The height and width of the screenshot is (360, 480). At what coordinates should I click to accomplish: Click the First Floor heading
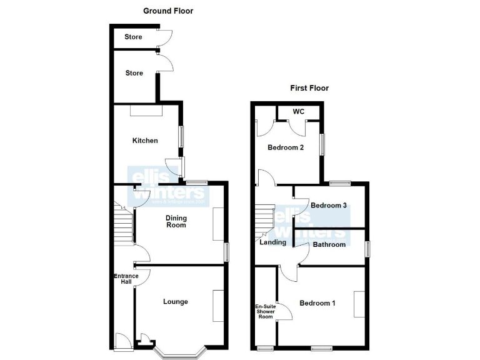coord(309,88)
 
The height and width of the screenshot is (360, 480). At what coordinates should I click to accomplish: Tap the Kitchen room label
coord(145,141)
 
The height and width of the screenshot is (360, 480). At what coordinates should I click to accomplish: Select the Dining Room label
coord(176,221)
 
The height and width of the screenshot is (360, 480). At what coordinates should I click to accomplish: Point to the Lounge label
coord(176,302)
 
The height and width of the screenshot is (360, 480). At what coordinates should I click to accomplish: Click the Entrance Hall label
coord(126,279)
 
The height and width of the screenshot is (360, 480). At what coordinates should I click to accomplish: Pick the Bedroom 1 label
coord(317,303)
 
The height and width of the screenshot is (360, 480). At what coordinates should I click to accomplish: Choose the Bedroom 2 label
coord(286,148)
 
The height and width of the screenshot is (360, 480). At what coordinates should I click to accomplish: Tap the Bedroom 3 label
coord(328,206)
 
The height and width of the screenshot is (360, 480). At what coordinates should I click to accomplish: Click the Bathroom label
coord(329,244)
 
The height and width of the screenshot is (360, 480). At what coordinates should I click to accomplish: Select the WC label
coord(299,111)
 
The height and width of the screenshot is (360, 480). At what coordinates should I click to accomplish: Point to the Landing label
coord(273,242)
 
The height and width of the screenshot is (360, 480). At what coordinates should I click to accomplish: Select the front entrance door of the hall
coord(122,341)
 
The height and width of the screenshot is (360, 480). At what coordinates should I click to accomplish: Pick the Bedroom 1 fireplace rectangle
coord(359,304)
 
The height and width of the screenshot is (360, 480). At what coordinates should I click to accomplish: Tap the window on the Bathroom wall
coord(368,248)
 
